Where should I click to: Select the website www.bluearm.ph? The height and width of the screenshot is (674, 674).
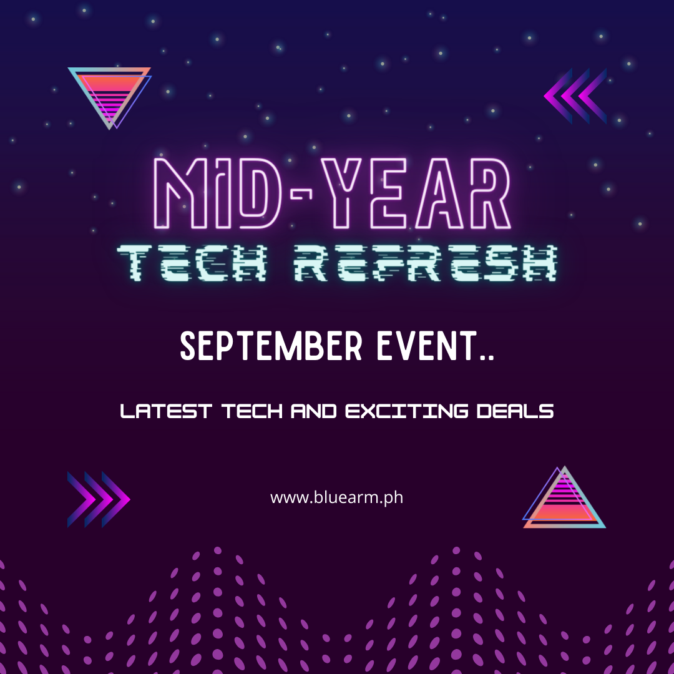tap(336, 498)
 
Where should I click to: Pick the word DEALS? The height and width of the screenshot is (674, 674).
tap(520, 412)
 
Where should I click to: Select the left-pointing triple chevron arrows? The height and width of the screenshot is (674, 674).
tap(575, 95)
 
